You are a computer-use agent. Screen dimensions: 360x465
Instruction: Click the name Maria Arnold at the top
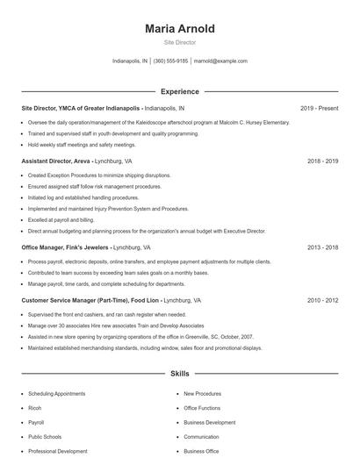(179, 29)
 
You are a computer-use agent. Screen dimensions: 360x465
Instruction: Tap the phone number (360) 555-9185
(170, 61)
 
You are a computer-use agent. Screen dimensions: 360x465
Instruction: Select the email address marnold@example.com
(220, 61)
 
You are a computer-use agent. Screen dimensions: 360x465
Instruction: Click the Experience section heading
(179, 91)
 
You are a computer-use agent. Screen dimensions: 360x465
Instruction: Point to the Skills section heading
(179, 374)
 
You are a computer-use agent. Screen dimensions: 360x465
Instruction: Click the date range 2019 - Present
(319, 108)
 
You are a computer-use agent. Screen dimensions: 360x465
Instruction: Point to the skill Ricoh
(35, 408)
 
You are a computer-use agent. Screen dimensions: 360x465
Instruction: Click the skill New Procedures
(202, 394)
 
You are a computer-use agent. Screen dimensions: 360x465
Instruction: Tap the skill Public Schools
(45, 437)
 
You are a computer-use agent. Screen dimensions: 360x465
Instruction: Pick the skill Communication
(201, 437)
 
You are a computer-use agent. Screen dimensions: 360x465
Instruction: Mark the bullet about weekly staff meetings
(82, 145)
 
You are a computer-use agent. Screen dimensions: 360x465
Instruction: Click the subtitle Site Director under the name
(179, 42)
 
